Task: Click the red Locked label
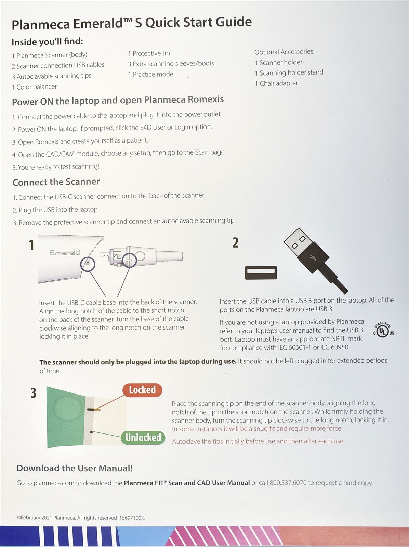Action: [x=142, y=390]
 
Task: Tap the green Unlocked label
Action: [x=143, y=438]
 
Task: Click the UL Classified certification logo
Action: [x=383, y=330]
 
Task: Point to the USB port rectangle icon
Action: [x=261, y=272]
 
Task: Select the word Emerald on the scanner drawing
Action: [x=65, y=253]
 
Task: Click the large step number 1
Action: [x=32, y=245]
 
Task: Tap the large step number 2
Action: [x=235, y=243]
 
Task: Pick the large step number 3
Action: [x=33, y=393]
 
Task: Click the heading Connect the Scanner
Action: [x=56, y=182]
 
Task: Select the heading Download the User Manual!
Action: [x=75, y=468]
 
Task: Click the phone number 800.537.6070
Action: [x=288, y=483]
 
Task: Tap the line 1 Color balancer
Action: [x=34, y=87]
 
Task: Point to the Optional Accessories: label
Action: [x=284, y=52]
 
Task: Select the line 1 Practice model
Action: [x=151, y=74]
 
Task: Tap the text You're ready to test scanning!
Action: [x=58, y=167]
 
